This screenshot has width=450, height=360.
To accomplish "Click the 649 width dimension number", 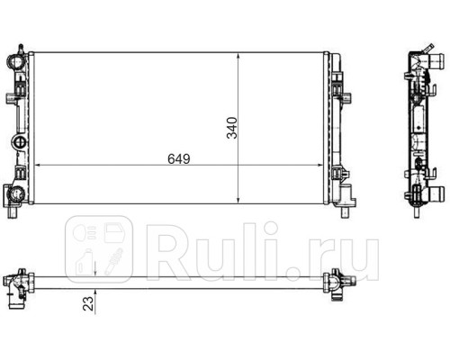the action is (x=179, y=158).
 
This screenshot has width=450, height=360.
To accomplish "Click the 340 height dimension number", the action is (x=232, y=128).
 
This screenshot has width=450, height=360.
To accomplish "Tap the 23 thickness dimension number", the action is (x=88, y=303).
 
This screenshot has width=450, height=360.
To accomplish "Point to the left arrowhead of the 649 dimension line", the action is (x=38, y=165).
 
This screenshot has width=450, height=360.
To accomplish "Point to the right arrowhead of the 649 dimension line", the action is (x=319, y=165).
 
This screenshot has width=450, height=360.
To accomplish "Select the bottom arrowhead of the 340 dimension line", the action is (x=238, y=200).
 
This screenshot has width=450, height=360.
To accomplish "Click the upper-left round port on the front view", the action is (x=14, y=62).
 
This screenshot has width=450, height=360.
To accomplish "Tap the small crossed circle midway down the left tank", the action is (x=20, y=141).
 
